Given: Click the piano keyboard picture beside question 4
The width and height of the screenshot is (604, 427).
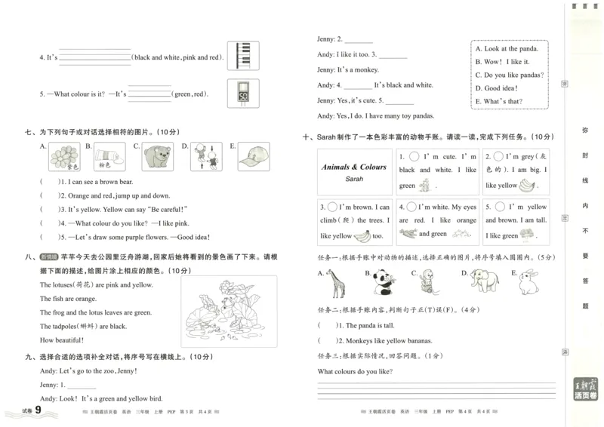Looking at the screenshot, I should point(242,56).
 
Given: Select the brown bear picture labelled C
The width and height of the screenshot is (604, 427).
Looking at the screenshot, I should point(157,157).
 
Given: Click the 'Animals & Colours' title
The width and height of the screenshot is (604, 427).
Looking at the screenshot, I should point(354,167).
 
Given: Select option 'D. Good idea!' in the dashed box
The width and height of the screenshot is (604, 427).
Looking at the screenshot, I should point(498,88).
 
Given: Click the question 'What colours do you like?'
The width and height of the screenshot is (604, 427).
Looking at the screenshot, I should point(360,371).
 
